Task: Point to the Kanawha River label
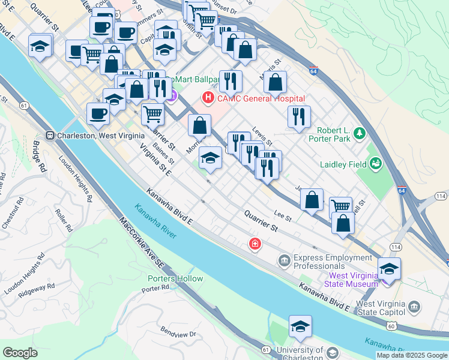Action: [155, 222]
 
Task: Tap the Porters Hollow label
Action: [175, 278]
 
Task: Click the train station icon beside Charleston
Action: [50, 135]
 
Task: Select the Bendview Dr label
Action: [178, 331]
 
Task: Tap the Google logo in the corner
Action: [20, 353]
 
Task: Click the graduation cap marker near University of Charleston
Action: [300, 326]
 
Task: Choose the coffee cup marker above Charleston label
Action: [98, 114]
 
